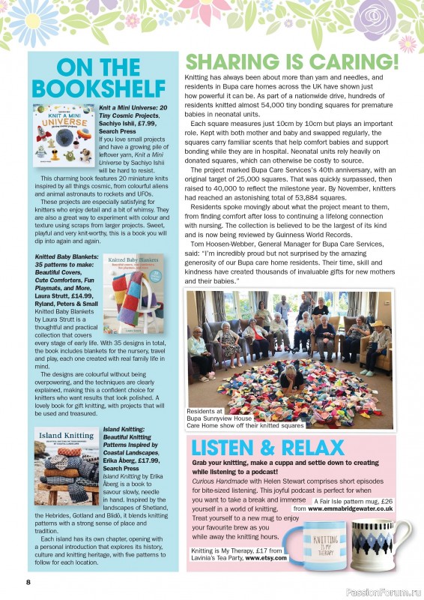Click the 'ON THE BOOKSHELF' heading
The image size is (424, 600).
(103, 78)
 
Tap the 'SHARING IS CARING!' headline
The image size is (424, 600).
(302, 62)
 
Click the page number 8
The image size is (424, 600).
(28, 582)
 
